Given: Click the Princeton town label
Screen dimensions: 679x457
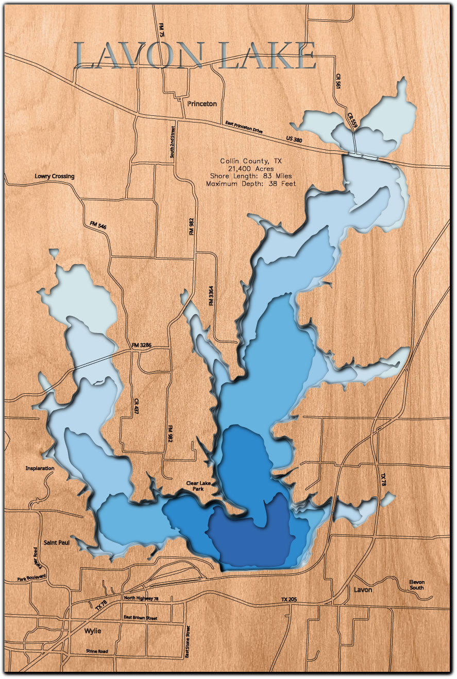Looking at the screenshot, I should pyautogui.click(x=202, y=103).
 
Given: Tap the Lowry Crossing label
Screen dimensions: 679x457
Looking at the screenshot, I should pyautogui.click(x=55, y=176).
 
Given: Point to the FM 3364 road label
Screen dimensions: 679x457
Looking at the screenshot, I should pyautogui.click(x=211, y=296).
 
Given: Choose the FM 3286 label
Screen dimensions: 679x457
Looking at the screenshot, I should pyautogui.click(x=142, y=345).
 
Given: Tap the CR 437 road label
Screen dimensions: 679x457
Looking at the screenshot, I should pyautogui.click(x=136, y=406).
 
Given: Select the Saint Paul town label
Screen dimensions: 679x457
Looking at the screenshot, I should pyautogui.click(x=57, y=542).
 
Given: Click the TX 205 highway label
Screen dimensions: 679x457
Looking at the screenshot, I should pyautogui.click(x=291, y=600).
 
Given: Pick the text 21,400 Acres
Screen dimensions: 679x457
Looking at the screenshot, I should pyautogui.click(x=251, y=168).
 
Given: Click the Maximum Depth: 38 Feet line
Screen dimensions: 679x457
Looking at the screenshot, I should pyautogui.click(x=251, y=183).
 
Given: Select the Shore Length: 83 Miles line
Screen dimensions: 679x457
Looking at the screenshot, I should pyautogui.click(x=251, y=176).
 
